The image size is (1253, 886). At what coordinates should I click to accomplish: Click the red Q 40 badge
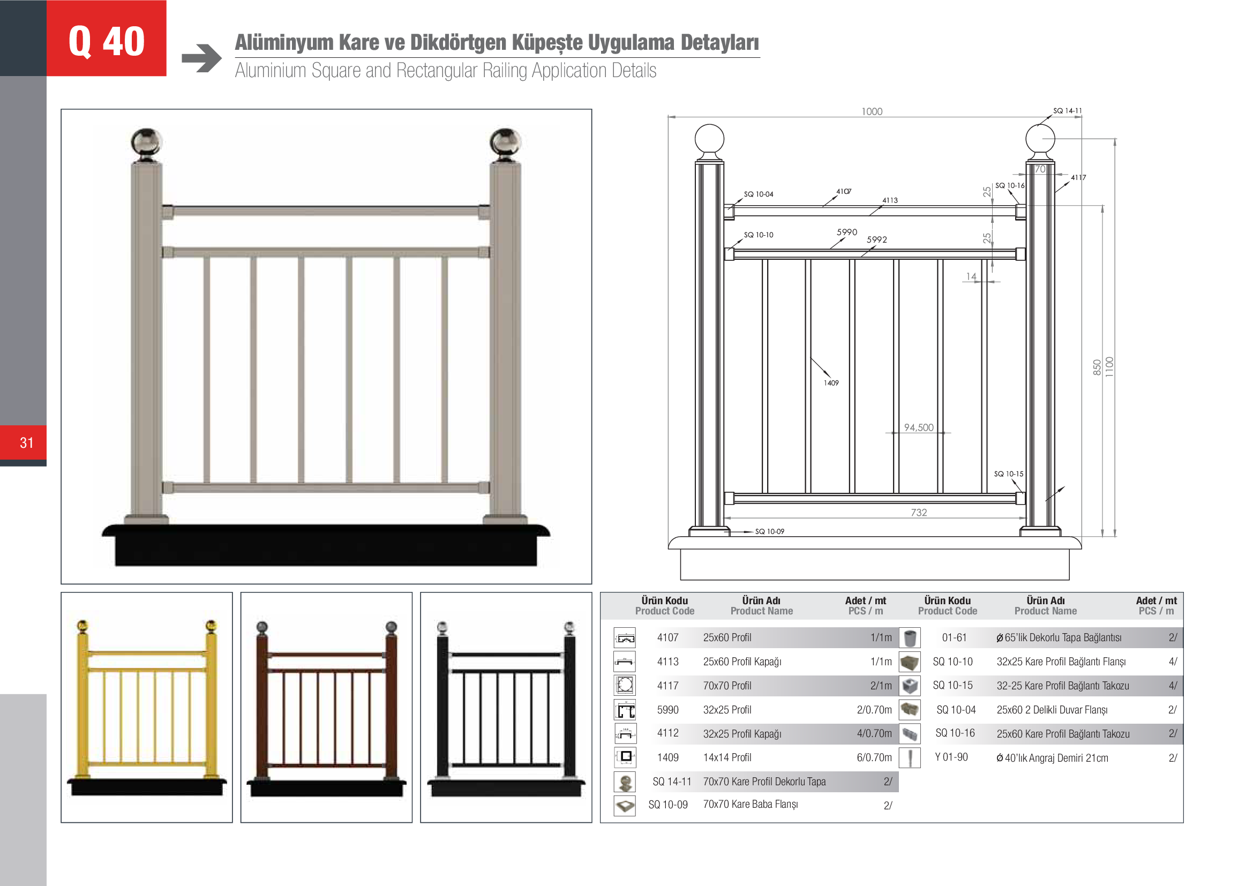pyautogui.click(x=107, y=38)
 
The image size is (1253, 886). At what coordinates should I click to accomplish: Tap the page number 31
pyautogui.click(x=27, y=442)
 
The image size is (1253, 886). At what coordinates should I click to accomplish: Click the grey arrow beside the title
pyautogui.click(x=201, y=58)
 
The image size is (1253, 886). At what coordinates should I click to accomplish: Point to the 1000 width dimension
pyautogui.click(x=872, y=111)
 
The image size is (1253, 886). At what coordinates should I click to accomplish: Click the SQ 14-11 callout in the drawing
pyautogui.click(x=1067, y=111)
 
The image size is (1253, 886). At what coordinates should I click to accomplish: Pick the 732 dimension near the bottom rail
pyautogui.click(x=919, y=512)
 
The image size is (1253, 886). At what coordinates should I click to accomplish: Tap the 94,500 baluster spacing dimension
pyautogui.click(x=919, y=427)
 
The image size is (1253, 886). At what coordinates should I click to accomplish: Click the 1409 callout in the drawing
pyautogui.click(x=831, y=383)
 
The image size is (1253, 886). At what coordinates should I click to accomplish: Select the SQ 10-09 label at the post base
pyautogui.click(x=769, y=531)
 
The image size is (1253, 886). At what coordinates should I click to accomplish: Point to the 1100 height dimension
pyautogui.click(x=1109, y=366)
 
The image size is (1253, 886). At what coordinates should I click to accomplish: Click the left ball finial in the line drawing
pyautogui.click(x=709, y=139)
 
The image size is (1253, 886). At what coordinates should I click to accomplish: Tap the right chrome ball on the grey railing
pyautogui.click(x=505, y=143)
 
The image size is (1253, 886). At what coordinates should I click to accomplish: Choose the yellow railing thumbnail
pyautogui.click(x=147, y=707)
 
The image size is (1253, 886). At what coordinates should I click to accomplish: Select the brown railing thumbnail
pyautogui.click(x=326, y=707)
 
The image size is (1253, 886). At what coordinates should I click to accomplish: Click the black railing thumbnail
pyautogui.click(x=506, y=707)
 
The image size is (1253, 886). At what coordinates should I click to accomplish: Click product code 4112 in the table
pyautogui.click(x=667, y=733)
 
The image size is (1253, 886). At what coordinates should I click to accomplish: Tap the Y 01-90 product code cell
pyautogui.click(x=951, y=757)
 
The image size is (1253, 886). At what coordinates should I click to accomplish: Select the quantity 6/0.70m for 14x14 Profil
pyautogui.click(x=874, y=758)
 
